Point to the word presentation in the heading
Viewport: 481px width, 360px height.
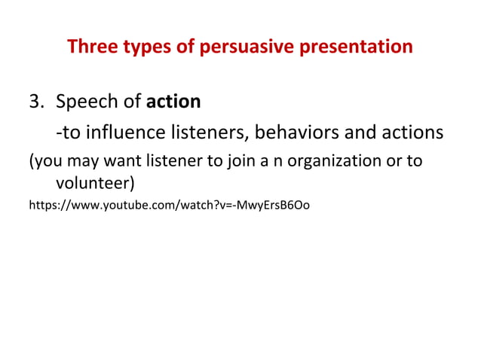click(x=360, y=47)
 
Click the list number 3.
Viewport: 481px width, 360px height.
click(x=35, y=102)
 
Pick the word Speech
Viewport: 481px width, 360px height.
click(x=86, y=102)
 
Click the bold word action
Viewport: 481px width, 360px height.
click(x=174, y=102)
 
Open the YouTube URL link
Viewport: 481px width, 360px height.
click(x=168, y=205)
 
